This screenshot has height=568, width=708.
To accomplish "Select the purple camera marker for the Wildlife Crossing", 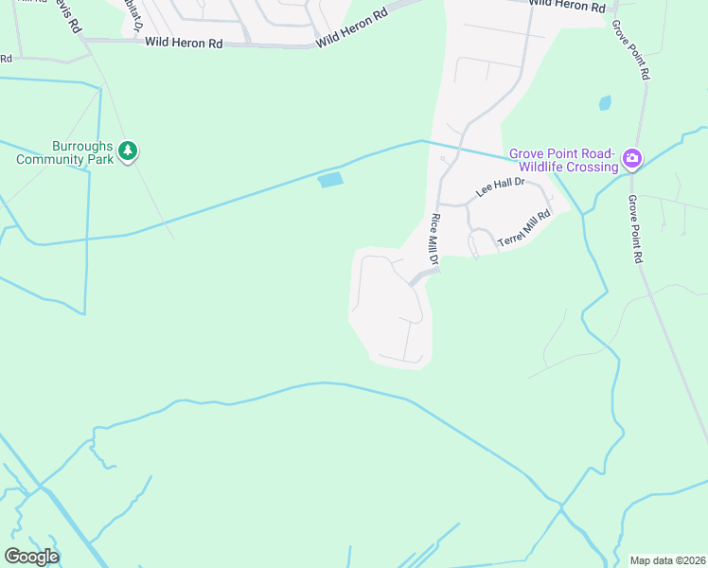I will (632, 160).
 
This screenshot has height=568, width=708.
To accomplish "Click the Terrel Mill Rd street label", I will (525, 231).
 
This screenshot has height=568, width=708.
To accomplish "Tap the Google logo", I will (31, 557).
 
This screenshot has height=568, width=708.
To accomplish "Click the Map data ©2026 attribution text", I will (666, 560).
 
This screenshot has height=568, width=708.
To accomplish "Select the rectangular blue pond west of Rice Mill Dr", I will (330, 180).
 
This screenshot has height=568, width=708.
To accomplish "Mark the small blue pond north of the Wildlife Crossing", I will (605, 102).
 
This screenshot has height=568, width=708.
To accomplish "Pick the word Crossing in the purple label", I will (592, 167).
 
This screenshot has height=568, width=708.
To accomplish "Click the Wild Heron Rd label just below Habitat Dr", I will (184, 44).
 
